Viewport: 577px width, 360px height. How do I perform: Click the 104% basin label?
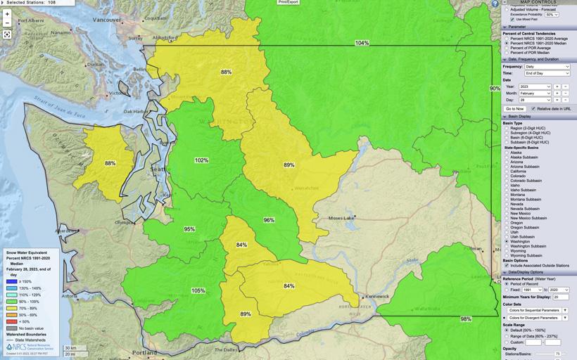pos(362,43)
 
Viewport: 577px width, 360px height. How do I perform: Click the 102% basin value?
pos(201,160)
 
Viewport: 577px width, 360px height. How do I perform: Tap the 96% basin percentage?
pos(269,220)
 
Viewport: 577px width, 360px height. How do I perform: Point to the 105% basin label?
pos(198,290)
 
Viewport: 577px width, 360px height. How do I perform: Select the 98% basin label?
pos(466,319)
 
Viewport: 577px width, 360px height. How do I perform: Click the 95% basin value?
pos(189,229)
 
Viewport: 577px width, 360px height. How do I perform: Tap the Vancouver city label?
pos(108,20)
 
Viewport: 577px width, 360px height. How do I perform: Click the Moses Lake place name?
pos(342,219)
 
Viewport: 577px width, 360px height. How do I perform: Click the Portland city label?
pos(146,352)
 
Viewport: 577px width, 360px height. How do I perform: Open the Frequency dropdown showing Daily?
pos(546,66)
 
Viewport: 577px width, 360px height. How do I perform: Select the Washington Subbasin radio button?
pos(507,246)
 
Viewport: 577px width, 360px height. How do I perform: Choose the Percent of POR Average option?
pos(507,48)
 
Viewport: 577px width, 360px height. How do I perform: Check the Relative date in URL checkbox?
pos(533,109)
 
